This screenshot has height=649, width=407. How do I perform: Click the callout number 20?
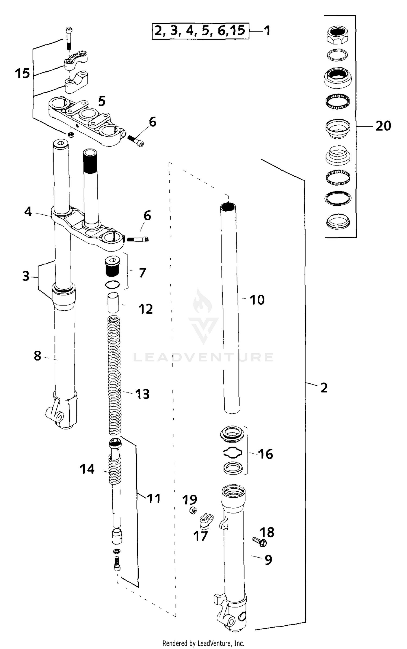coord(383,126)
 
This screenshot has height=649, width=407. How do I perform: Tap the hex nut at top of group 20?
coord(337,35)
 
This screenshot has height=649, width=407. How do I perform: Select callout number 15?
coord(22,74)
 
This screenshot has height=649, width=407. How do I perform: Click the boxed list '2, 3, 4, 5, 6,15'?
coord(200,31)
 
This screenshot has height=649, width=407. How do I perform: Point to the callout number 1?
coord(267,31)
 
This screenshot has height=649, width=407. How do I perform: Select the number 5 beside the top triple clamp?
coord(102,101)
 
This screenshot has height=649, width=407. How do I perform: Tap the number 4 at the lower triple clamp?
coord(28,212)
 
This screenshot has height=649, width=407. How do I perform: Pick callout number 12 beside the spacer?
coord(146,309)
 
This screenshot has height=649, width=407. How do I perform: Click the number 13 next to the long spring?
coord(142,394)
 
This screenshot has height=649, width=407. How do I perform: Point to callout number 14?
coord(87,469)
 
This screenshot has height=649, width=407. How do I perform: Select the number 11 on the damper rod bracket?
coord(154,498)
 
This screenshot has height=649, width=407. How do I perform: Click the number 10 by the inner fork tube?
coord(257,300)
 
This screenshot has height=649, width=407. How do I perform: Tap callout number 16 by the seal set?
coord(265,454)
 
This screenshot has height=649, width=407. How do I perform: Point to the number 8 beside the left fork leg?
coord(37,356)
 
